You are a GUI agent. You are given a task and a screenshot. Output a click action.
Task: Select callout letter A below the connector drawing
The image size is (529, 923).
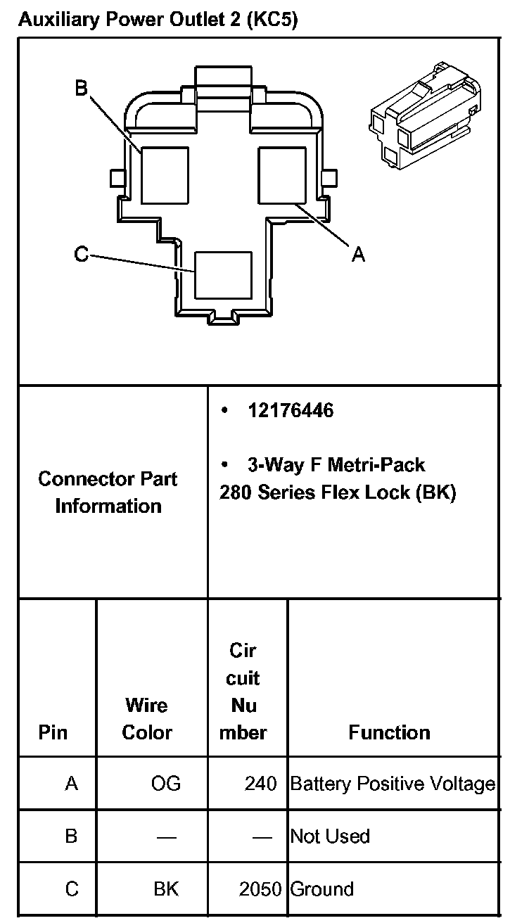tap(358, 255)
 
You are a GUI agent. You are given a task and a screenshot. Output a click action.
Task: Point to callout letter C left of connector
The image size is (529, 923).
tap(82, 253)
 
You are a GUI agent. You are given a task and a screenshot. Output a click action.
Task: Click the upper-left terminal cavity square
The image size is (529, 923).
tap(165, 175)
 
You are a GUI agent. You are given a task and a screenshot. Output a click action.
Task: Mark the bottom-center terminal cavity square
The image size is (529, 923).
tap(223, 275)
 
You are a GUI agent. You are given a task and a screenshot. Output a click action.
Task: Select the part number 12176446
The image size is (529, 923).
tap(291, 410)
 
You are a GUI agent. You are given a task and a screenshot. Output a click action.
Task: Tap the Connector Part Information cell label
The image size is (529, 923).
tap(108, 492)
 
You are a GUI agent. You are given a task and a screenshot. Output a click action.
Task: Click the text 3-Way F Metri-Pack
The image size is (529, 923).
tap(336, 465)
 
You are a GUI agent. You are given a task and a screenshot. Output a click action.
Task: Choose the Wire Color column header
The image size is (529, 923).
tap(147, 718)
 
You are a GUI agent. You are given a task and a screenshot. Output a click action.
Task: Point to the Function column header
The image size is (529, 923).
tap(389, 732)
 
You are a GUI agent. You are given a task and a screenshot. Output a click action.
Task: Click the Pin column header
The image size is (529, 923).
tap(53, 732)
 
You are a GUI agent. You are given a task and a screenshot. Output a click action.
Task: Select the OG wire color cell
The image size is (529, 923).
tap(166, 783)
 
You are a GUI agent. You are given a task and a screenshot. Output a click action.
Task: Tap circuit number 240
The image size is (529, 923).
tap(261, 783)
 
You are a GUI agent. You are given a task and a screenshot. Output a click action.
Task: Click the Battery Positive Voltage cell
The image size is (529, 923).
tap(393, 783)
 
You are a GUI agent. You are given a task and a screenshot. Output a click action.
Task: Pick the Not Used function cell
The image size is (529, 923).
tap(330, 836)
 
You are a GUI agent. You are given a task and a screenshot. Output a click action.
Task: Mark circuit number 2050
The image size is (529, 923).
tap(260, 889)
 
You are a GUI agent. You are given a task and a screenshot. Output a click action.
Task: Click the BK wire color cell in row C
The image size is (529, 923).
tap(166, 889)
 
